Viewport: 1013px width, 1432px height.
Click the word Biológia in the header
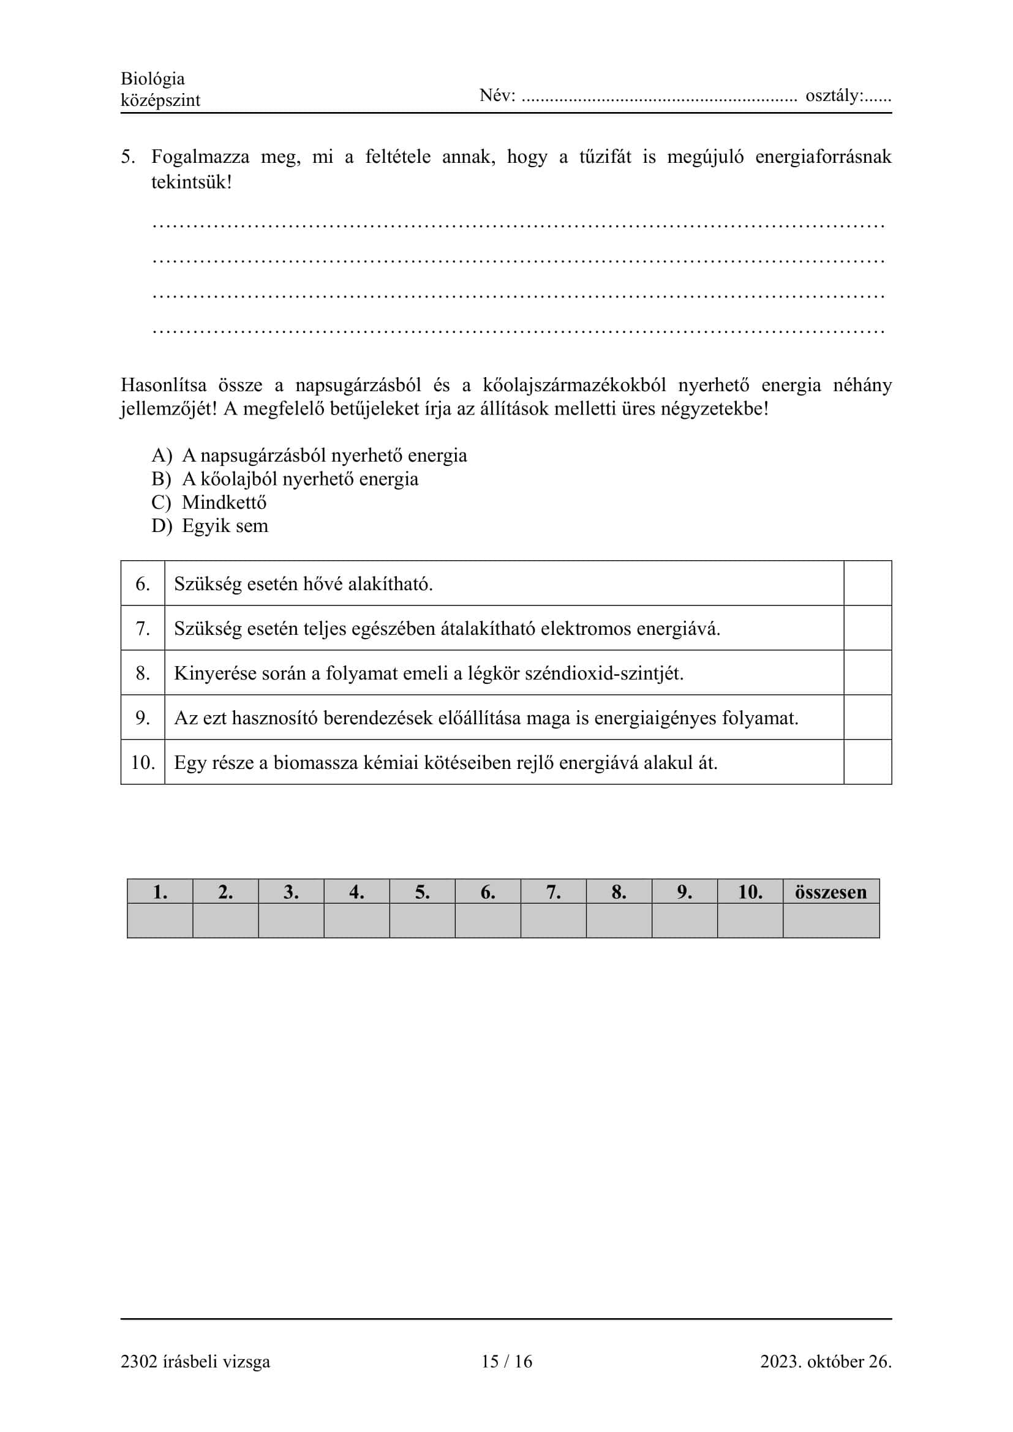tap(153, 79)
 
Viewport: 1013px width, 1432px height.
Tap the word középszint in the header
tap(160, 100)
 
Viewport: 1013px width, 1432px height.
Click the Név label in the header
tap(497, 96)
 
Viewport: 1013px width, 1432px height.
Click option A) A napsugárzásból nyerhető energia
tap(309, 455)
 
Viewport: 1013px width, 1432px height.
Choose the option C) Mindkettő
tap(209, 502)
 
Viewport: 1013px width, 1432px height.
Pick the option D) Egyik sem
tap(209, 526)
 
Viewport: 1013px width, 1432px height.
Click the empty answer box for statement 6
tap(867, 583)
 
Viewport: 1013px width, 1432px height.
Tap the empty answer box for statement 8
tap(867, 672)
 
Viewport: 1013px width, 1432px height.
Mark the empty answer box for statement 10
tap(867, 762)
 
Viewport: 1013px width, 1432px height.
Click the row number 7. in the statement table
tap(143, 628)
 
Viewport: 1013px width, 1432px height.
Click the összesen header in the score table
tap(830, 892)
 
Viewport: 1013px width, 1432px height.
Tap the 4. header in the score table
tap(356, 892)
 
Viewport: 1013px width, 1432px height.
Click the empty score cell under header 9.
tap(684, 921)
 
